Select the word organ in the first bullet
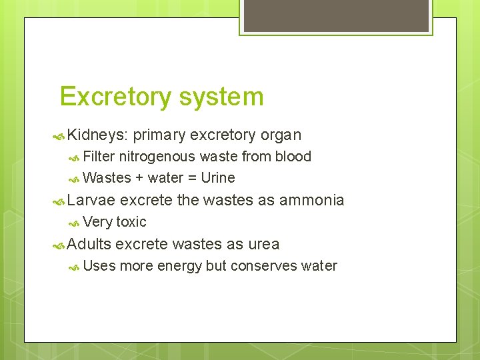point(281,135)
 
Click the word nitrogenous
point(157,157)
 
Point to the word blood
point(293,157)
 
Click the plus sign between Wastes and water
point(139,178)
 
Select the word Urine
point(218,178)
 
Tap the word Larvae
point(91,200)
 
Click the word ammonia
point(312,200)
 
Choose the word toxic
point(131,222)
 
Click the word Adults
point(89,244)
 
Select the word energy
point(179,266)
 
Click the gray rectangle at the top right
point(336,15)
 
